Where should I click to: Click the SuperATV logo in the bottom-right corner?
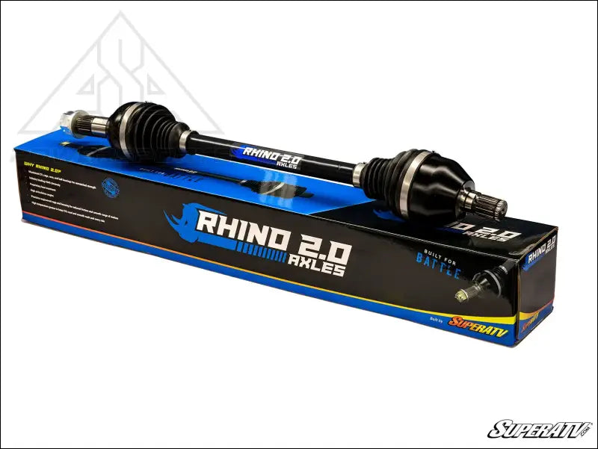click(x=539, y=429)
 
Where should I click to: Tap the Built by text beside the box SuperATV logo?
click(x=437, y=319)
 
